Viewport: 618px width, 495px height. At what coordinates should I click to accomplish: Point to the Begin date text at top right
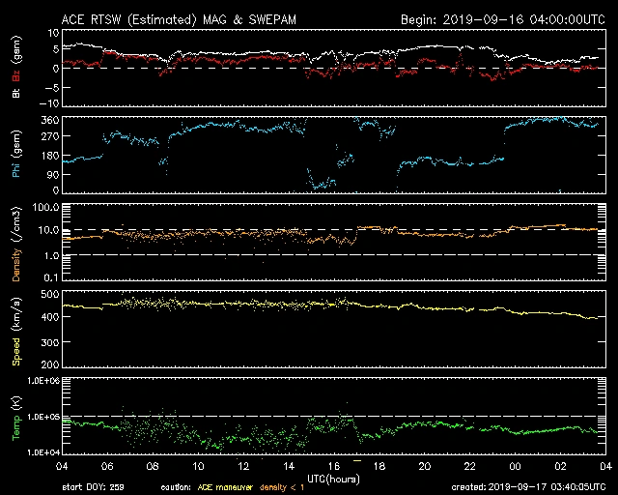pos(501,19)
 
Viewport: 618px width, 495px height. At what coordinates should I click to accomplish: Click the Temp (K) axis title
pos(16,418)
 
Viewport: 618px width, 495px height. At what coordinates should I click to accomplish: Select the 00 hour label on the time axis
pos(515,466)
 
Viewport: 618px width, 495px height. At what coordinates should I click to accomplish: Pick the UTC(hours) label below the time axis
pos(333,478)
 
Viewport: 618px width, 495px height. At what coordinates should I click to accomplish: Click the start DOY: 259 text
pos(94,487)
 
